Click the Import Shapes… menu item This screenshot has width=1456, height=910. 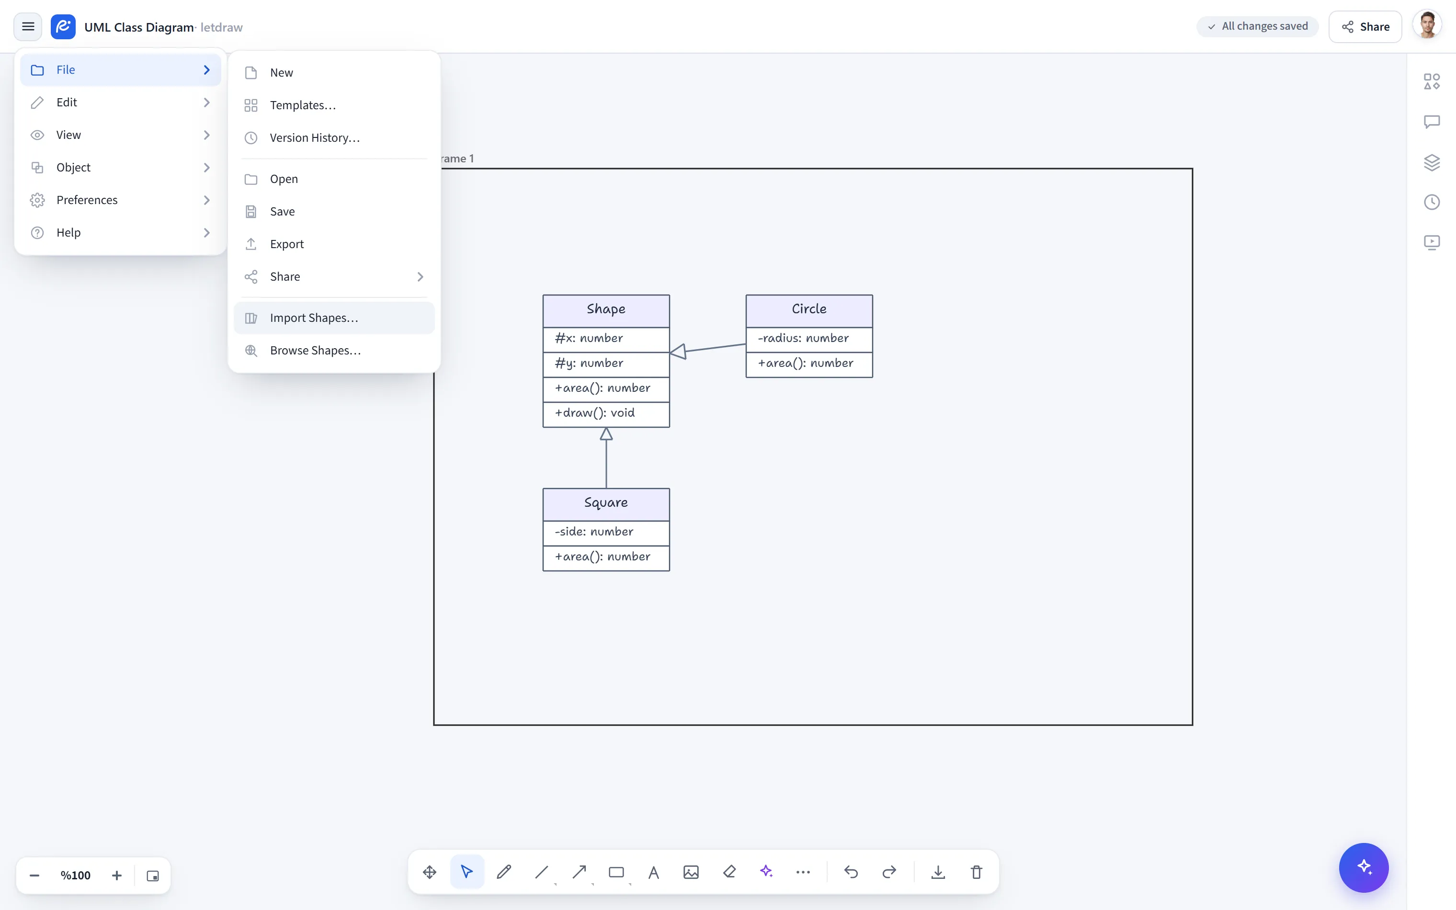(x=334, y=318)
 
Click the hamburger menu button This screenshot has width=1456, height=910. (x=28, y=26)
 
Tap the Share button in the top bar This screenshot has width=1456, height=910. (x=1365, y=26)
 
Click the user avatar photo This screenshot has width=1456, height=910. (x=1428, y=26)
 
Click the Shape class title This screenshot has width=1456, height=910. (x=606, y=309)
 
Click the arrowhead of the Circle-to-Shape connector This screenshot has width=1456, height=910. (x=678, y=351)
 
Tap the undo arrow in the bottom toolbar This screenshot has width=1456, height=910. (x=851, y=872)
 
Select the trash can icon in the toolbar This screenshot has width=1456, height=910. (x=976, y=872)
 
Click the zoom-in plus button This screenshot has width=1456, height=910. (x=117, y=876)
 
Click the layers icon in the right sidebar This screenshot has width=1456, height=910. (x=1432, y=162)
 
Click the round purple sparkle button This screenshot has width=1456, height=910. (x=1364, y=867)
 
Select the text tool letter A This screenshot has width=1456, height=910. (x=653, y=872)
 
